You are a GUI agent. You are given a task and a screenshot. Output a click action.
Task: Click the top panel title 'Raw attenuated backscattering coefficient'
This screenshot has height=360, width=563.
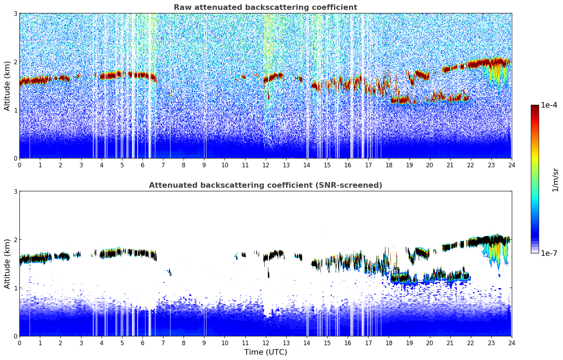point(265,7)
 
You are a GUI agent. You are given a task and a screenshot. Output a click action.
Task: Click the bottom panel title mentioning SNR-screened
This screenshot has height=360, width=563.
point(265,185)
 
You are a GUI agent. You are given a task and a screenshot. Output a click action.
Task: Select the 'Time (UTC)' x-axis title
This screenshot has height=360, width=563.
point(265,352)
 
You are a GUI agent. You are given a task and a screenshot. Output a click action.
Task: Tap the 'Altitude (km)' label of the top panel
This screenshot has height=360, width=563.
point(7,86)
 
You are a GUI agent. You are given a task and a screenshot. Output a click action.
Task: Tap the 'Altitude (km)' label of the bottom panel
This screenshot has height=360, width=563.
point(7,264)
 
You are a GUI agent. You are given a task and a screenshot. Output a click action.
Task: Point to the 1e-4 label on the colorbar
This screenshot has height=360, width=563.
point(549,105)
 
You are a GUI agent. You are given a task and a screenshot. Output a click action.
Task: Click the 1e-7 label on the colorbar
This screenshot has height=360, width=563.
point(549,253)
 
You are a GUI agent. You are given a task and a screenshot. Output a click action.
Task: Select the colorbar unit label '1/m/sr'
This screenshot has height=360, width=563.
point(555,180)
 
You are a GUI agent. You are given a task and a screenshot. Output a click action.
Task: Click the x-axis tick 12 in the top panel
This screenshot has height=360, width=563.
point(265,165)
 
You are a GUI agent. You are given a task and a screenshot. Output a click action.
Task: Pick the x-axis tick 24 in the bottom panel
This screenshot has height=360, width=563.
point(511,343)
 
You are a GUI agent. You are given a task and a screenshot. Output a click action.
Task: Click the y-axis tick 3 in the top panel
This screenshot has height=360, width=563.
point(15,13)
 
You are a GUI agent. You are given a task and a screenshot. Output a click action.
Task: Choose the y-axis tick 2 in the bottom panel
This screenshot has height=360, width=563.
point(15,240)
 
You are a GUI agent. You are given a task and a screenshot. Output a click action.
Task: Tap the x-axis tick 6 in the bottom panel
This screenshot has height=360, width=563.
point(143,343)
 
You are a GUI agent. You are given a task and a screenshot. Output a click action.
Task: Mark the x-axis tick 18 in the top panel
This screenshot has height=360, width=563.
point(389,165)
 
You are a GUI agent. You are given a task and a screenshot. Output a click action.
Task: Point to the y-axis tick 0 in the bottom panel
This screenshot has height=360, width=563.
point(15,336)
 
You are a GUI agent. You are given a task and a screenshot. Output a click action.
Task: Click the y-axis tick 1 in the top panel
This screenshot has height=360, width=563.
point(15,110)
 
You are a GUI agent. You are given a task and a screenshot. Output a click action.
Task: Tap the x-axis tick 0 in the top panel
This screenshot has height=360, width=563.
point(19,165)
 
